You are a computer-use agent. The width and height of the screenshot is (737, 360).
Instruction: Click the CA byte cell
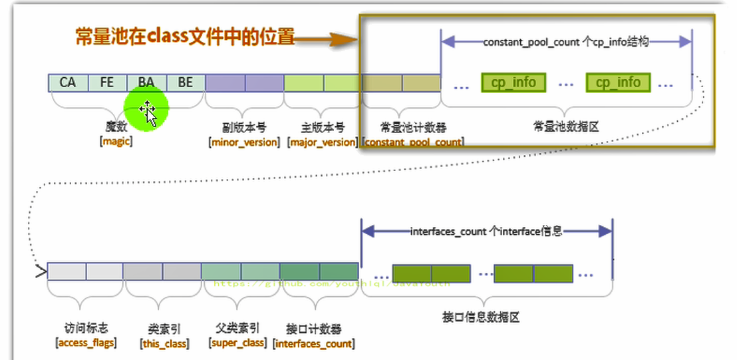67,83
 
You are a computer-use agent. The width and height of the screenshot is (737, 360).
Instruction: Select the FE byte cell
106,83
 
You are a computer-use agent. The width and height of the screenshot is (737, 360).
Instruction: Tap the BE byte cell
186,83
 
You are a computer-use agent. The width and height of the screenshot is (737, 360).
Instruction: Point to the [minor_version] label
244,142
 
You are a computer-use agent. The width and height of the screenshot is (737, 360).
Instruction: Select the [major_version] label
323,142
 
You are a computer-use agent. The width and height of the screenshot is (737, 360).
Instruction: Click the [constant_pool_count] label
413,142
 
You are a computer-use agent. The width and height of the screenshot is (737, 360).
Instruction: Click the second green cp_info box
618,83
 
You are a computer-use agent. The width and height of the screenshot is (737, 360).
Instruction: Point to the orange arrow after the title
326,41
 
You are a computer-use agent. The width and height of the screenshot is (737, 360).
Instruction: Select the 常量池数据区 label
566,126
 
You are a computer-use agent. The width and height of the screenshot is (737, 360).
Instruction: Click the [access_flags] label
86,343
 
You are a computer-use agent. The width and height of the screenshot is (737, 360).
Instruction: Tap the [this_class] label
164,343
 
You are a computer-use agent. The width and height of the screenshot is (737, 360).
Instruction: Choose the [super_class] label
237,343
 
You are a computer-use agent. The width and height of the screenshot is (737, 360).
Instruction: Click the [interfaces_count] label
314,343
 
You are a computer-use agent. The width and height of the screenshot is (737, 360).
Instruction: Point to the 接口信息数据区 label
486,317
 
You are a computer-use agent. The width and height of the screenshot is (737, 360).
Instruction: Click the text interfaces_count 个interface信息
486,231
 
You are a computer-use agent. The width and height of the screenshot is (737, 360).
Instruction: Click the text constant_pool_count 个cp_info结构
565,41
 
